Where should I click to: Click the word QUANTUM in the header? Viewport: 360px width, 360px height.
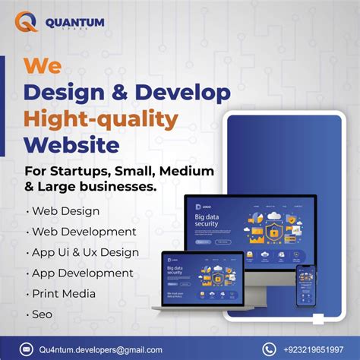(x=74, y=21)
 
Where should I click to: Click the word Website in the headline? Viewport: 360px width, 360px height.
(x=72, y=144)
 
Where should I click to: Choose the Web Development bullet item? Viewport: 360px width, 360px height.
(x=84, y=231)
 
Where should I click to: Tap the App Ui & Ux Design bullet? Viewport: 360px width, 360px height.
(x=85, y=251)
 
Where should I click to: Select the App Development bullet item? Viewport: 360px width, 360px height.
(x=82, y=272)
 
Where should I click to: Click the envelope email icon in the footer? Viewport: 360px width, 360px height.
(x=27, y=349)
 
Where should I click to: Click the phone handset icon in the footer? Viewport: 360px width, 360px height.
(x=269, y=349)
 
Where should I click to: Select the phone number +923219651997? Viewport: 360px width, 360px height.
(x=313, y=349)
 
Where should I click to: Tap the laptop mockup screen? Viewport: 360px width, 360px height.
(x=202, y=277)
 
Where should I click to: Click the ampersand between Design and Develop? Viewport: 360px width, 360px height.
(x=116, y=93)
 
